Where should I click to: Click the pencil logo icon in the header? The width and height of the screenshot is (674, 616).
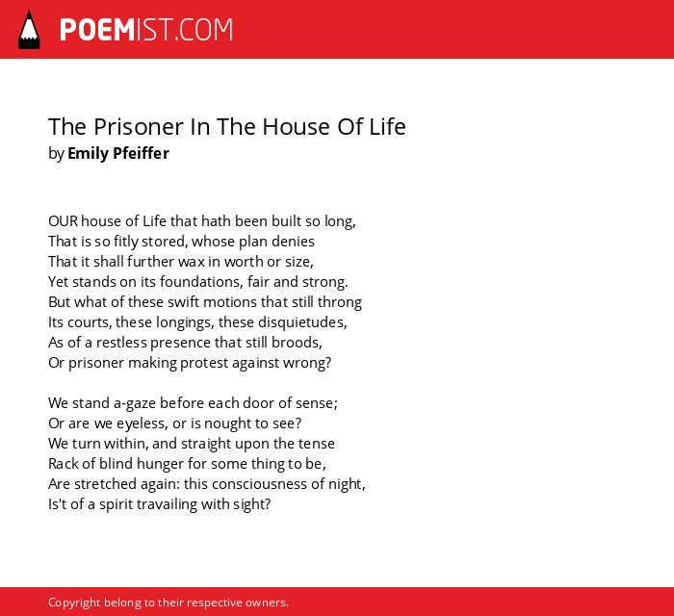tap(29, 30)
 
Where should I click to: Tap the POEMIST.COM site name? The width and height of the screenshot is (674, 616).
tap(146, 30)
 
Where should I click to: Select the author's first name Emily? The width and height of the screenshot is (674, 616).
tap(88, 153)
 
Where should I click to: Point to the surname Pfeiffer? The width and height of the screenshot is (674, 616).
tap(141, 153)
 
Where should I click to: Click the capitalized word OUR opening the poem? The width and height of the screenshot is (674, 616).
tap(64, 221)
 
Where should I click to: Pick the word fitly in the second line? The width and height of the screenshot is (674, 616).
tap(126, 242)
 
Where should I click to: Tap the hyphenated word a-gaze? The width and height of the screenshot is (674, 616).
tap(135, 404)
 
